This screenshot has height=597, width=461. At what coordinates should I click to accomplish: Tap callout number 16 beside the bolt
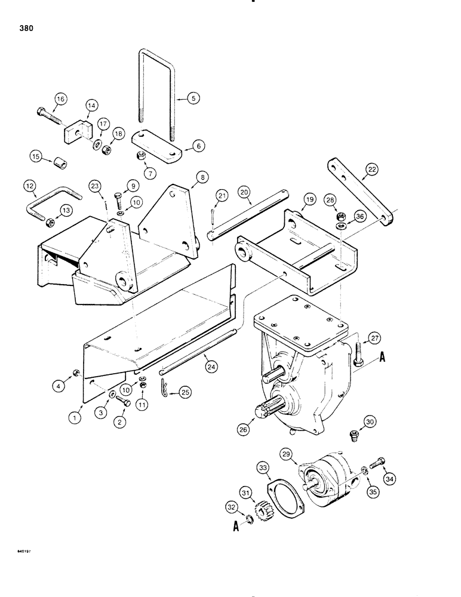[61, 99]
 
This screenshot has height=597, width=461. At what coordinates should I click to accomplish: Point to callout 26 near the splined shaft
[246, 429]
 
